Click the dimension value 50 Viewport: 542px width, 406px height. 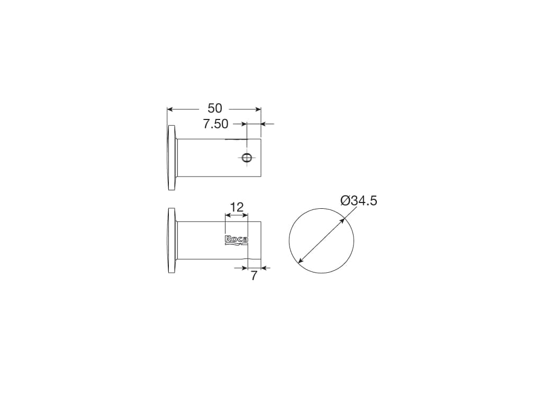[215, 108]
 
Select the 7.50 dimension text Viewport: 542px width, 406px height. [216, 124]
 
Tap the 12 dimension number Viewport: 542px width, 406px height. [237, 207]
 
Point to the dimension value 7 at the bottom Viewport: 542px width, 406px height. [254, 276]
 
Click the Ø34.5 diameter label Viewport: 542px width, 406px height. [359, 200]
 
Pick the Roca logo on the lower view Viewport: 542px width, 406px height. [237, 241]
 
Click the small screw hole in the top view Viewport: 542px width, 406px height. [247, 158]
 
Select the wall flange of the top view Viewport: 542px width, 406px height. [172, 158]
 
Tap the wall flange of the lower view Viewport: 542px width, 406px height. [172, 241]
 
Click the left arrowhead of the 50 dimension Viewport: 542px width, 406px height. [170, 109]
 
